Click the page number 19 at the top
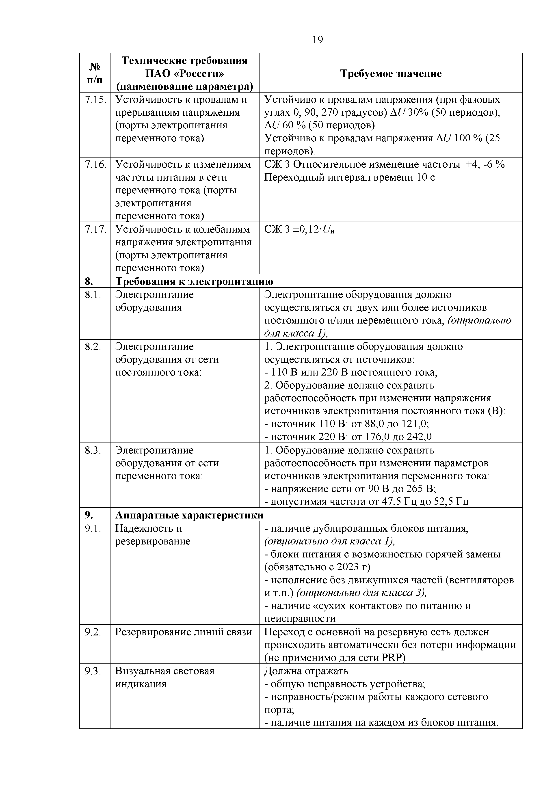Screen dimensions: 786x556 click(318, 40)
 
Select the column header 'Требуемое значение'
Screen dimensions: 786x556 click(391, 73)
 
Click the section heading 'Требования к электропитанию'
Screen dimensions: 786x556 click(194, 281)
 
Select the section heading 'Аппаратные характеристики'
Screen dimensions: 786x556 click(189, 516)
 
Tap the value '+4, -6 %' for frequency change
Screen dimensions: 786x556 click(485, 165)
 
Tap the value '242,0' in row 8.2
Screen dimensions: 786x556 click(419, 437)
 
